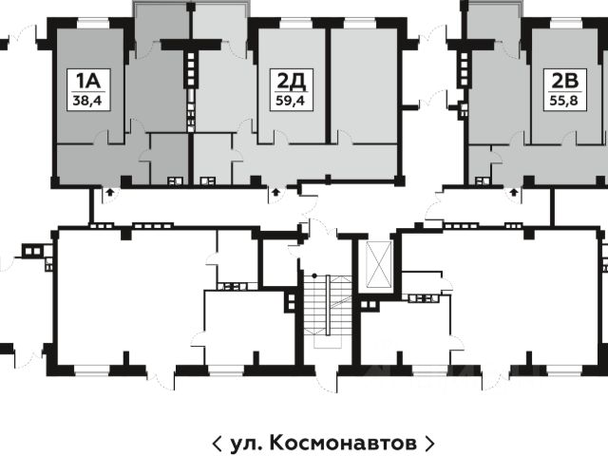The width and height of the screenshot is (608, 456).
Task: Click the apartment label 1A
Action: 88,81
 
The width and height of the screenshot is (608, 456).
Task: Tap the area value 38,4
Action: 87,102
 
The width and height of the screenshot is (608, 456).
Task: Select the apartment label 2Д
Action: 292,82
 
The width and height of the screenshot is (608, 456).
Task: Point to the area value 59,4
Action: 291,102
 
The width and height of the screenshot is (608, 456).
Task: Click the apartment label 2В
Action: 564,81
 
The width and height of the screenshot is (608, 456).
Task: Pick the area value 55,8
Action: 563,102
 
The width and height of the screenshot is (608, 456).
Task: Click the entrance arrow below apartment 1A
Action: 110,192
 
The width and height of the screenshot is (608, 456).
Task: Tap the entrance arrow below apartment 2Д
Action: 276,192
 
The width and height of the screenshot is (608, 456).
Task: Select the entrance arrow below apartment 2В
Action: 514,192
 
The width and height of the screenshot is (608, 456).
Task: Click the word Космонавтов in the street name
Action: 343,443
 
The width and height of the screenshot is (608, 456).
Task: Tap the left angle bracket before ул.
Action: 218,443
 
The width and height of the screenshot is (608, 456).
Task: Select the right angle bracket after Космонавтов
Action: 429,443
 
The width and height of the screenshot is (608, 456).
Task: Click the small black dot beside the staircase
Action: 314,275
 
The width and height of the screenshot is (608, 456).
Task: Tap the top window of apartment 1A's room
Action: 93,23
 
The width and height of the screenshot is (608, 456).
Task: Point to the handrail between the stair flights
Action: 328,305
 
